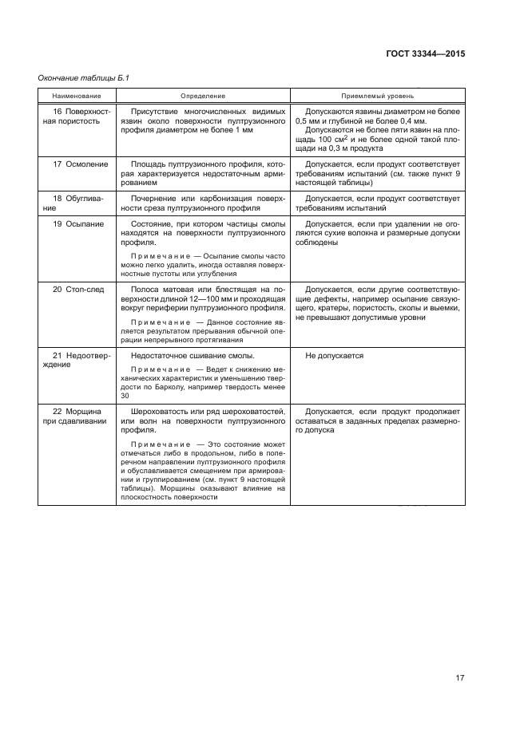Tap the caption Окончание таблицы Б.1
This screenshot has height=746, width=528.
(x=83, y=77)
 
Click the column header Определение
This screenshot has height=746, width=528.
(x=203, y=95)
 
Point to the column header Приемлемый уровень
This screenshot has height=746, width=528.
(x=377, y=95)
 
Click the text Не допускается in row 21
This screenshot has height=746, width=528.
(x=335, y=356)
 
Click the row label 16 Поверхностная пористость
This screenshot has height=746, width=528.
(x=71, y=117)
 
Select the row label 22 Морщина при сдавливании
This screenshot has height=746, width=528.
(x=73, y=416)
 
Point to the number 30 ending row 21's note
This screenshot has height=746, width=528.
(x=125, y=395)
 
